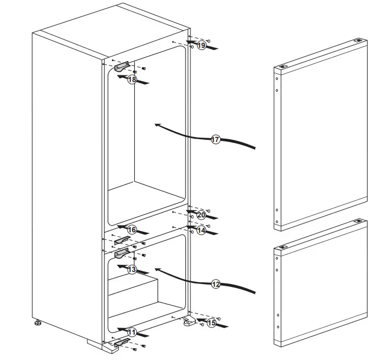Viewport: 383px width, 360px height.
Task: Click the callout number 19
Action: (201, 45)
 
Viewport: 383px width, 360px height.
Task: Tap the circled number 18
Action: (132, 79)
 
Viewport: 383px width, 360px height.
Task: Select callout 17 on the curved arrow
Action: (216, 140)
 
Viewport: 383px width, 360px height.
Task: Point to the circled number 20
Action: (201, 215)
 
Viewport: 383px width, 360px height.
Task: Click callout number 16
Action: (132, 229)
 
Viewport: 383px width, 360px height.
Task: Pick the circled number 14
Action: (201, 231)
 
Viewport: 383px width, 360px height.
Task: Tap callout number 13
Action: (132, 269)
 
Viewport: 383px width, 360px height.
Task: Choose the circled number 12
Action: (216, 284)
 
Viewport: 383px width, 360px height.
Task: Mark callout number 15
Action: (211, 323)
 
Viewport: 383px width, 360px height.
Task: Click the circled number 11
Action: (132, 332)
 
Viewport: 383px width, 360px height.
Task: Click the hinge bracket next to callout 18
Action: (123, 67)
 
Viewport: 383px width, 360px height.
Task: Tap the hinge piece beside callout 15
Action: (190, 323)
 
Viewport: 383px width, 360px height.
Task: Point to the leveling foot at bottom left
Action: (38, 324)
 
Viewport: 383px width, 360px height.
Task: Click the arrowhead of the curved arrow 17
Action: (156, 125)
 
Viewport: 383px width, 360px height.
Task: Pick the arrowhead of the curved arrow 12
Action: (156, 270)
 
